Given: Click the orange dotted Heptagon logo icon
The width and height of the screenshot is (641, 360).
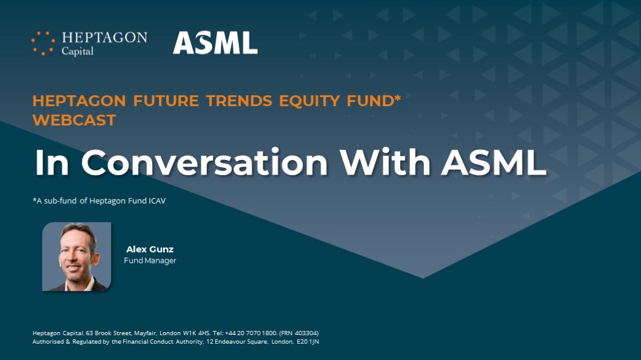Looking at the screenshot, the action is coord(43,43).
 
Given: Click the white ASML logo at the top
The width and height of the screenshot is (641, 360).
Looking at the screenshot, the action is coord(215,43).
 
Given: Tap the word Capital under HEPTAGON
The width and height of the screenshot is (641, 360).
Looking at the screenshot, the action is coord(77,51).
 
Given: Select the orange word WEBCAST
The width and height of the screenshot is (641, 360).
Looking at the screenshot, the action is coord(75,120).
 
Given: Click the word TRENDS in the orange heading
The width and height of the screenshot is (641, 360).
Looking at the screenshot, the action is coord(239,101).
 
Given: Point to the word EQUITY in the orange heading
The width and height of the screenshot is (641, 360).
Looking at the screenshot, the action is coord(309,101).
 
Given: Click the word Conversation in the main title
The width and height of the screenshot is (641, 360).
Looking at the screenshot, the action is coord(204,162).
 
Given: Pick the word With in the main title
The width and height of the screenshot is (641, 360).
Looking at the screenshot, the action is coord(385,162).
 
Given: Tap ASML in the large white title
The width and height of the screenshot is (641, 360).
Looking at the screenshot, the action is coord(494,162).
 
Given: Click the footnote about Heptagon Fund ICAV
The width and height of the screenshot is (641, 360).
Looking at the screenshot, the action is coord(99,201).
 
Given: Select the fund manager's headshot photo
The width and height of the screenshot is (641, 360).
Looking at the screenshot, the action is coord(76,256).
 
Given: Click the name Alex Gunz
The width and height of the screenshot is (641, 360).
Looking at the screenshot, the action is coord(150,249).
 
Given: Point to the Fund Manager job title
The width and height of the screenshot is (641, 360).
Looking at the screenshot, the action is coord(150,261).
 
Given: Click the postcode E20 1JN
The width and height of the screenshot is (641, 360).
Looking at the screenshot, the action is coord(307,342).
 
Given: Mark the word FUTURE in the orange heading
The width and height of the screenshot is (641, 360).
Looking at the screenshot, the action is coord(166,101).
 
